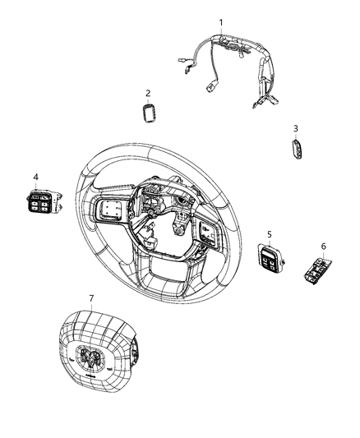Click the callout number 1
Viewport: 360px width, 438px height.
tap(219, 21)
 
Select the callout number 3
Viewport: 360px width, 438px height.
tap(295, 128)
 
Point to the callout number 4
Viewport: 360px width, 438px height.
tap(35, 177)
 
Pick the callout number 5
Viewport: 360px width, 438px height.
tap(269, 233)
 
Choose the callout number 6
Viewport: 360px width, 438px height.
tap(323, 246)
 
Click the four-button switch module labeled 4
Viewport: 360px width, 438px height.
tap(40, 201)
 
